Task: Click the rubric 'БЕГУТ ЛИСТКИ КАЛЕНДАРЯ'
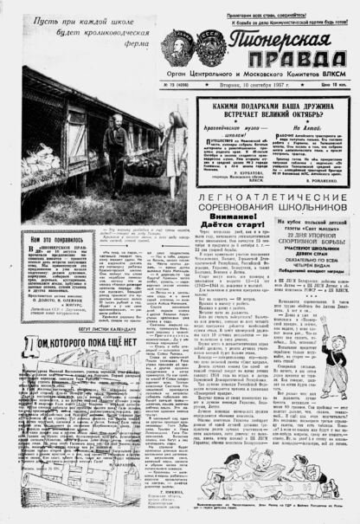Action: [89, 329]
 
